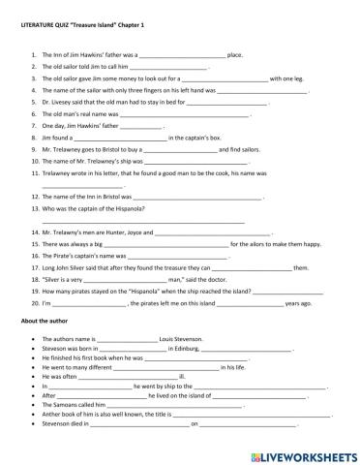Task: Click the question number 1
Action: (x=34, y=56)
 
